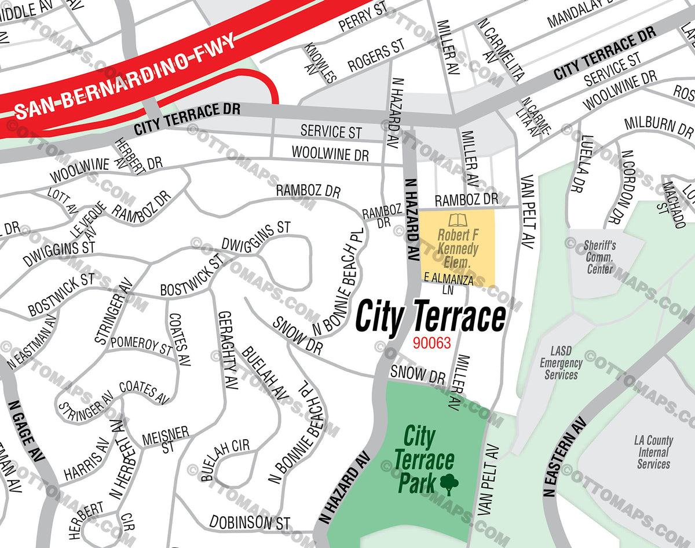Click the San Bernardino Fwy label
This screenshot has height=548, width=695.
point(125,76)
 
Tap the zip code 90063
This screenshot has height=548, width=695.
point(431,343)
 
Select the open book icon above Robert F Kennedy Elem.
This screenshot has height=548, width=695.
point(458,221)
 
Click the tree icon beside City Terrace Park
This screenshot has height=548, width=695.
point(449,484)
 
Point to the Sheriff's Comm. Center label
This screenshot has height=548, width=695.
point(600,257)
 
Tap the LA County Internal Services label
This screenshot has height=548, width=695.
point(653,452)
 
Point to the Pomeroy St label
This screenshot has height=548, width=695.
point(141,345)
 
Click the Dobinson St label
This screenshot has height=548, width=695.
point(250,521)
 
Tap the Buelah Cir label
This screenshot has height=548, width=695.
point(225,459)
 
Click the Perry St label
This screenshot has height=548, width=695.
point(363,17)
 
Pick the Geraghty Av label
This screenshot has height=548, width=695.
point(228,350)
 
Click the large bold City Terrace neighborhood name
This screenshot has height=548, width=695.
point(430,317)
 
